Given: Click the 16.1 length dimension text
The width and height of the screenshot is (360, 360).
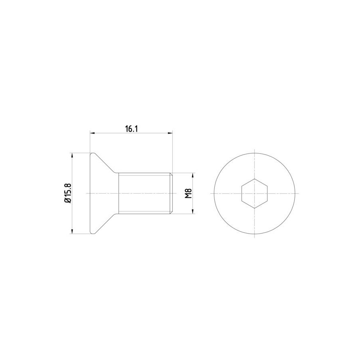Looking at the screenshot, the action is pyautogui.click(x=131, y=129).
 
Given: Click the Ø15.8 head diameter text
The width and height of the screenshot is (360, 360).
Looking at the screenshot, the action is pyautogui.click(x=68, y=193).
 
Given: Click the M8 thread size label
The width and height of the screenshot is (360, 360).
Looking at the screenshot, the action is pyautogui.click(x=188, y=193).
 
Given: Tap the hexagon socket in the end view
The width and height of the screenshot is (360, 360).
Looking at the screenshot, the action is pyautogui.click(x=254, y=193).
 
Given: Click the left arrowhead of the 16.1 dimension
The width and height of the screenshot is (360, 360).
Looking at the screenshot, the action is pyautogui.click(x=92, y=133).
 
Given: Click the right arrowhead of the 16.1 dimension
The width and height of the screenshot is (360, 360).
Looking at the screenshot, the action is pyautogui.click(x=170, y=133).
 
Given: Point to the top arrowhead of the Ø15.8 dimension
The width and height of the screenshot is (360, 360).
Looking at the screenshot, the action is pyautogui.click(x=72, y=156).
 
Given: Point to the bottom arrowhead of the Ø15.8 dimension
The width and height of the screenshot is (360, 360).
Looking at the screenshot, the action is pyautogui.click(x=72, y=231).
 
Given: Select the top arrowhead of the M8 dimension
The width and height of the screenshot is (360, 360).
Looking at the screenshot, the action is pyautogui.click(x=193, y=176).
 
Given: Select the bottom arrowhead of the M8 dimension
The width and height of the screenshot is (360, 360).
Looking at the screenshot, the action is pyautogui.click(x=193, y=211).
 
